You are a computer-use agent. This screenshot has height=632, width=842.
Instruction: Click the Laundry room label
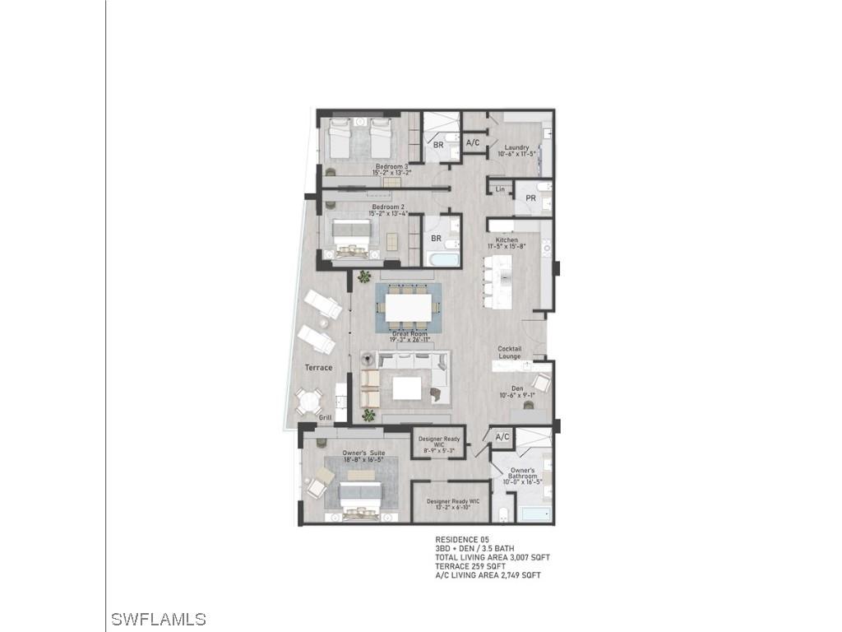(x=516, y=148)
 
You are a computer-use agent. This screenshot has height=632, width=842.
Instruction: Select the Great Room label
(x=409, y=334)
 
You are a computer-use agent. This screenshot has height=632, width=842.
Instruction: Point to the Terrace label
(x=318, y=367)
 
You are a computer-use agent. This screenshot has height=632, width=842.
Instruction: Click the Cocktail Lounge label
(x=509, y=352)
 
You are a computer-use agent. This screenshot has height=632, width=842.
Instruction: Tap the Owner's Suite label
(x=364, y=453)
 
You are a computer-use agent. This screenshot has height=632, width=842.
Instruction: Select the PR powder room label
(x=530, y=198)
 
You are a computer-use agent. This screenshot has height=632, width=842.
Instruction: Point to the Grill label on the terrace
(x=326, y=418)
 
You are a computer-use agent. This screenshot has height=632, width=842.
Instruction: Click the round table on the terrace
(x=309, y=402)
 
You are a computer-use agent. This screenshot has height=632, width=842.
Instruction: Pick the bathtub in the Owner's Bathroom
(x=534, y=515)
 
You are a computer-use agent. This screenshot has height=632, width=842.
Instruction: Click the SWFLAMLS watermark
(x=158, y=619)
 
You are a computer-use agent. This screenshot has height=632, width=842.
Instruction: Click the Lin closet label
(x=500, y=190)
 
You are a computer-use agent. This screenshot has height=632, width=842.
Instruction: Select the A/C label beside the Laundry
(x=473, y=142)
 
